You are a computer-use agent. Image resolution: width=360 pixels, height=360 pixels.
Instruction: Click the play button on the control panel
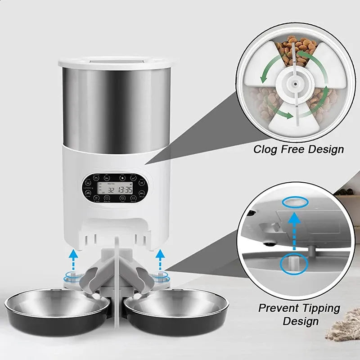tap(121, 178)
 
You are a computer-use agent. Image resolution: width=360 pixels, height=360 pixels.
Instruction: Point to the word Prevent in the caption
tap(279, 309)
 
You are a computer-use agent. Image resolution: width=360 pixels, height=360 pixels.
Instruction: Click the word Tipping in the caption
tap(320, 309)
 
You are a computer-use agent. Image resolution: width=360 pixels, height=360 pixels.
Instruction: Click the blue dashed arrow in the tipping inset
tap(294, 232)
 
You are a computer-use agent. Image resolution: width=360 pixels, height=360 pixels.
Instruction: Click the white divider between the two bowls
tap(116, 288)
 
